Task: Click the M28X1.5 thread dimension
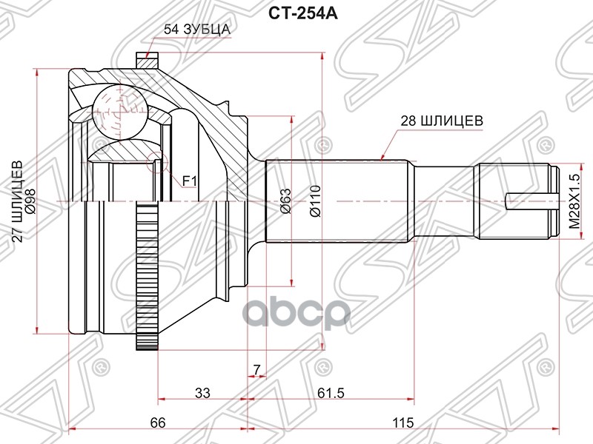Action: tap(574, 201)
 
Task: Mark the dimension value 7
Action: tap(256, 369)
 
